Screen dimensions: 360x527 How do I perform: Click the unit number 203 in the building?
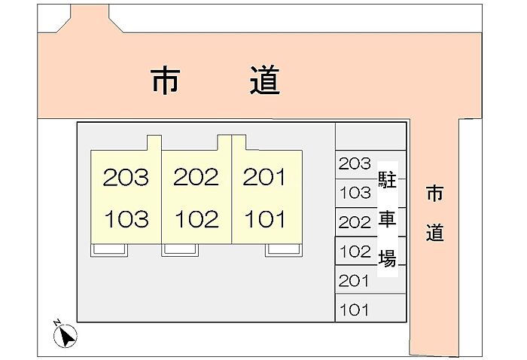[x=126, y=178]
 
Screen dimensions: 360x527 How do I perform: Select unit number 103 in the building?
[x=126, y=219]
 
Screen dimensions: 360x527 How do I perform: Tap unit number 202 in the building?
[x=196, y=178]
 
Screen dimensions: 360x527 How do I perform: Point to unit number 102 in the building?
[x=196, y=219]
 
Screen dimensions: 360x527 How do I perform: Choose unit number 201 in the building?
[x=264, y=178]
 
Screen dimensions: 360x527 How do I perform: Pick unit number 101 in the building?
[x=264, y=219]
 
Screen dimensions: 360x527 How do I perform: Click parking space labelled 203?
[x=355, y=163]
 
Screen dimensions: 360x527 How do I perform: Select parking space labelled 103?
[x=355, y=193]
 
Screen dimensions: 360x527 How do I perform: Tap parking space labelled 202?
[x=355, y=222]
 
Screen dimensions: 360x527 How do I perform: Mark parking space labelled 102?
[x=355, y=252]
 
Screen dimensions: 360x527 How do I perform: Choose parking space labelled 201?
[x=355, y=281]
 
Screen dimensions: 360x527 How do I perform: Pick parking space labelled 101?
[x=355, y=310]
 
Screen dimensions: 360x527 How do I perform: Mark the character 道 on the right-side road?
[x=434, y=233]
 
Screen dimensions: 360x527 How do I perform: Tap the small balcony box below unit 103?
[x=110, y=250]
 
